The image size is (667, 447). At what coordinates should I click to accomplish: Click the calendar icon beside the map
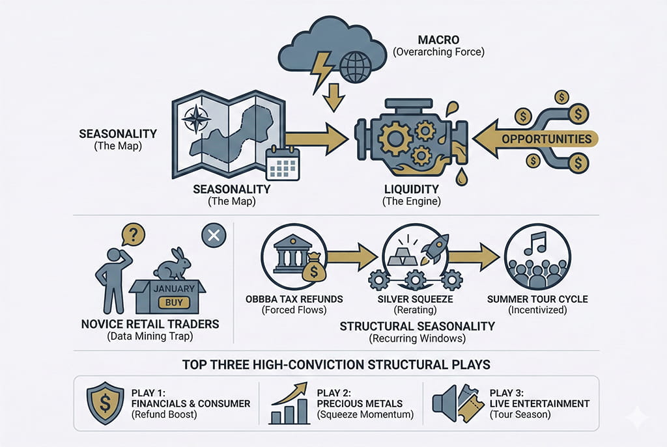point(283,163)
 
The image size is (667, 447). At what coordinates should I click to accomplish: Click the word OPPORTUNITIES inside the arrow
point(547,139)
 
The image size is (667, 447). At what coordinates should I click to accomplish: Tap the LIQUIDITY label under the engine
point(412,189)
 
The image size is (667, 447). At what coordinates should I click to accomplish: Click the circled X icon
point(212,236)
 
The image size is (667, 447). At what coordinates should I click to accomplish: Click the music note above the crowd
point(539,244)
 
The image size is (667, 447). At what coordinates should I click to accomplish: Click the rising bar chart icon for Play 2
point(289,403)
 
